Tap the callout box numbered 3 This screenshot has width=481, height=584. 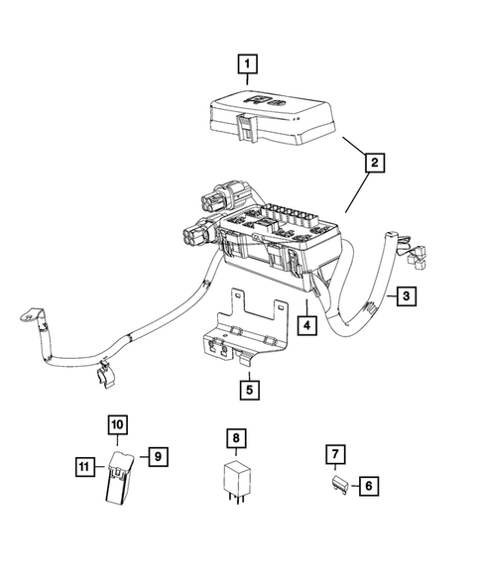pyautogui.click(x=408, y=294)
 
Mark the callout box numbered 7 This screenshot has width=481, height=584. pyautogui.click(x=337, y=455)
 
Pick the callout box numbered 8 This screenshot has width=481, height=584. pyautogui.click(x=234, y=436)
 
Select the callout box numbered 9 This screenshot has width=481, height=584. pyautogui.click(x=157, y=456)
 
